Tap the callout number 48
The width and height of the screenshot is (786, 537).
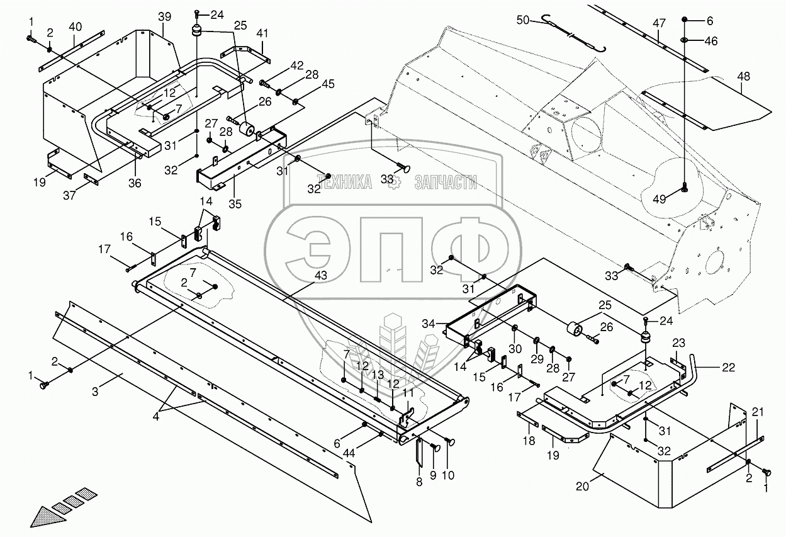click(744, 77)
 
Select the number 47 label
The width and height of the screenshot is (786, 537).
click(659, 24)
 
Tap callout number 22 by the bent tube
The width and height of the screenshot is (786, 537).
click(728, 368)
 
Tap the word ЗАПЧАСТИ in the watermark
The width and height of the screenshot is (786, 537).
click(445, 183)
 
